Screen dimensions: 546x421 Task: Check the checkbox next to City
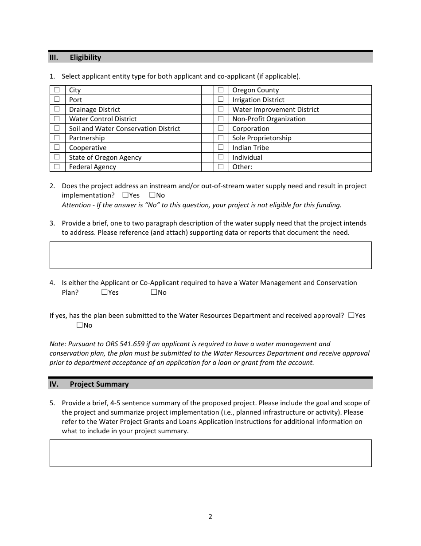56,90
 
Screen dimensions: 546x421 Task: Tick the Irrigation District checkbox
220,100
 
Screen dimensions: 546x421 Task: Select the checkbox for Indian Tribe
220,147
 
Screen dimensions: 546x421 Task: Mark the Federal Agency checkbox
56,167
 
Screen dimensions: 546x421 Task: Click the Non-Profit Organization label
269,119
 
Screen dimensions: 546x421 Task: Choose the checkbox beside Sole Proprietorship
220,138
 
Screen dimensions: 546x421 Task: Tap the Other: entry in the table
242,167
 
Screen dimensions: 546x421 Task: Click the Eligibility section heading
85,57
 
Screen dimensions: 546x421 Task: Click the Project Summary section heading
99,384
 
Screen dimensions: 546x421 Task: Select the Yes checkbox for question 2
125,195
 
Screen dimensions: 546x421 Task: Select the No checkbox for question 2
152,195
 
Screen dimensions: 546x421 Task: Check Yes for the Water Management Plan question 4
104,292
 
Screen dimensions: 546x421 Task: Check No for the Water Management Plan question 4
154,292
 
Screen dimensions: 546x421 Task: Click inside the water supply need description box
210,255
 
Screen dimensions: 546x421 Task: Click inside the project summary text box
210,453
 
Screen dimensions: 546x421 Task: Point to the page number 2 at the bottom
210,517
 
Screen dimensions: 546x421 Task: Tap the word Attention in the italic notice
76,205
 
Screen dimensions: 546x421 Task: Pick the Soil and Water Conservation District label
125,129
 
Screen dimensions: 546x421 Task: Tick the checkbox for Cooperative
56,147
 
